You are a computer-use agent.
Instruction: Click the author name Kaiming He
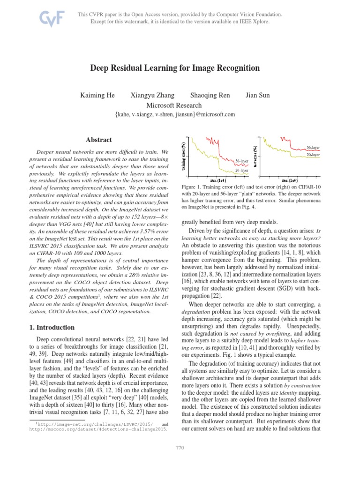coord(97,95)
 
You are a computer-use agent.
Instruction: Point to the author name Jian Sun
coord(257,95)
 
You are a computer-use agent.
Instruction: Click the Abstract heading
coord(99,140)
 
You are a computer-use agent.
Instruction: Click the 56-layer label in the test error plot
coord(313,147)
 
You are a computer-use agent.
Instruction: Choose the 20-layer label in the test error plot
coord(313,154)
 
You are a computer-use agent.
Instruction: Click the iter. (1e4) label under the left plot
coord(217,180)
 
